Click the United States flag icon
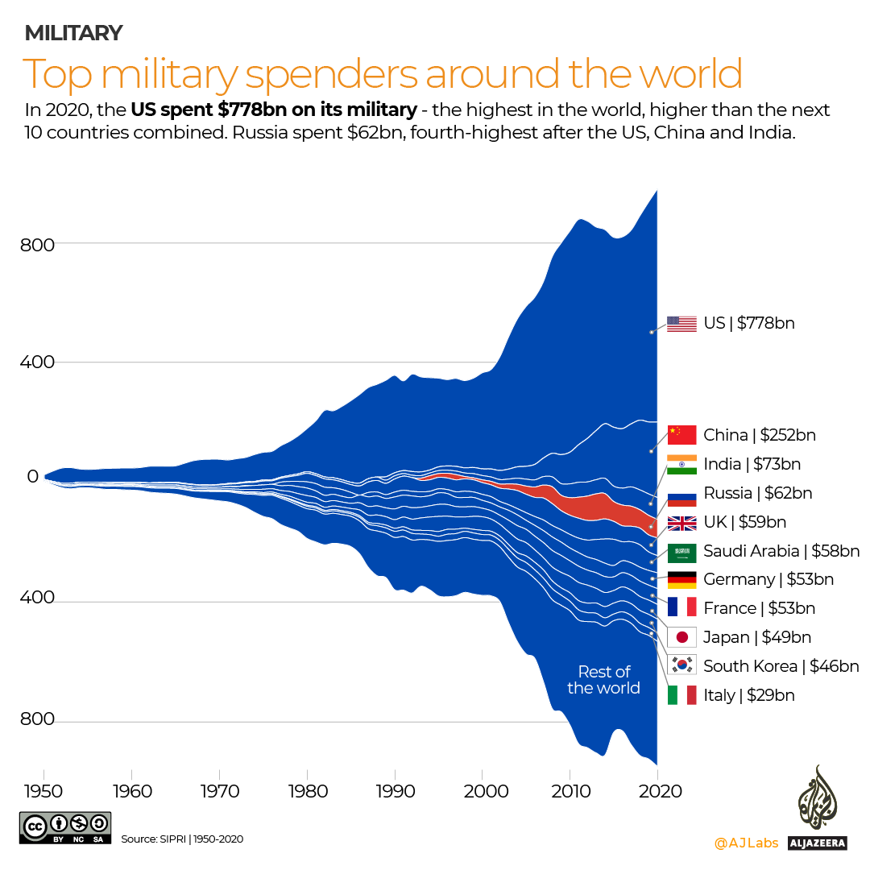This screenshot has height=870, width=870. coord(681,324)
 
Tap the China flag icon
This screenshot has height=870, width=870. coord(681,435)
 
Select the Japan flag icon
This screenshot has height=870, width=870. coord(681,637)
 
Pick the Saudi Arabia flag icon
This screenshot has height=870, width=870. coord(681,552)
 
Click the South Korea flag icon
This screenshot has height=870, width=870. coord(681,665)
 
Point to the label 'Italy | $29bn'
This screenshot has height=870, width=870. coord(748,695)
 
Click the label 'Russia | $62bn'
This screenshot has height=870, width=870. coord(757,493)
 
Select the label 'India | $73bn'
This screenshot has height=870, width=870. coord(752,464)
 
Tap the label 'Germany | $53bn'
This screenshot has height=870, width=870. coord(768,579)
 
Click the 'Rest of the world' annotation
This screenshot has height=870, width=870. coord(603,680)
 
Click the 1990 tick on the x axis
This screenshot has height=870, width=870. coord(395,791)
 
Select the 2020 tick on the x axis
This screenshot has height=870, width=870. coord(658,791)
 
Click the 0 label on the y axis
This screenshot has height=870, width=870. coord(32,477)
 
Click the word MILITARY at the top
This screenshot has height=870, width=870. coord(73,33)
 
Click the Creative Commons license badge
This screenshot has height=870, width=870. coord(65,828)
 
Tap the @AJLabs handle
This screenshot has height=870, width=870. coord(746,843)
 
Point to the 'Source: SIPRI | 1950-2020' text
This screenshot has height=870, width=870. coord(182,839)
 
